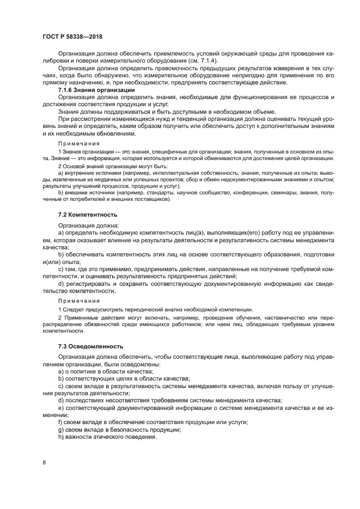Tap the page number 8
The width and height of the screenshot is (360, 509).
(44, 462)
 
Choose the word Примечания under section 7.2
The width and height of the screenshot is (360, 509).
(79, 300)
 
